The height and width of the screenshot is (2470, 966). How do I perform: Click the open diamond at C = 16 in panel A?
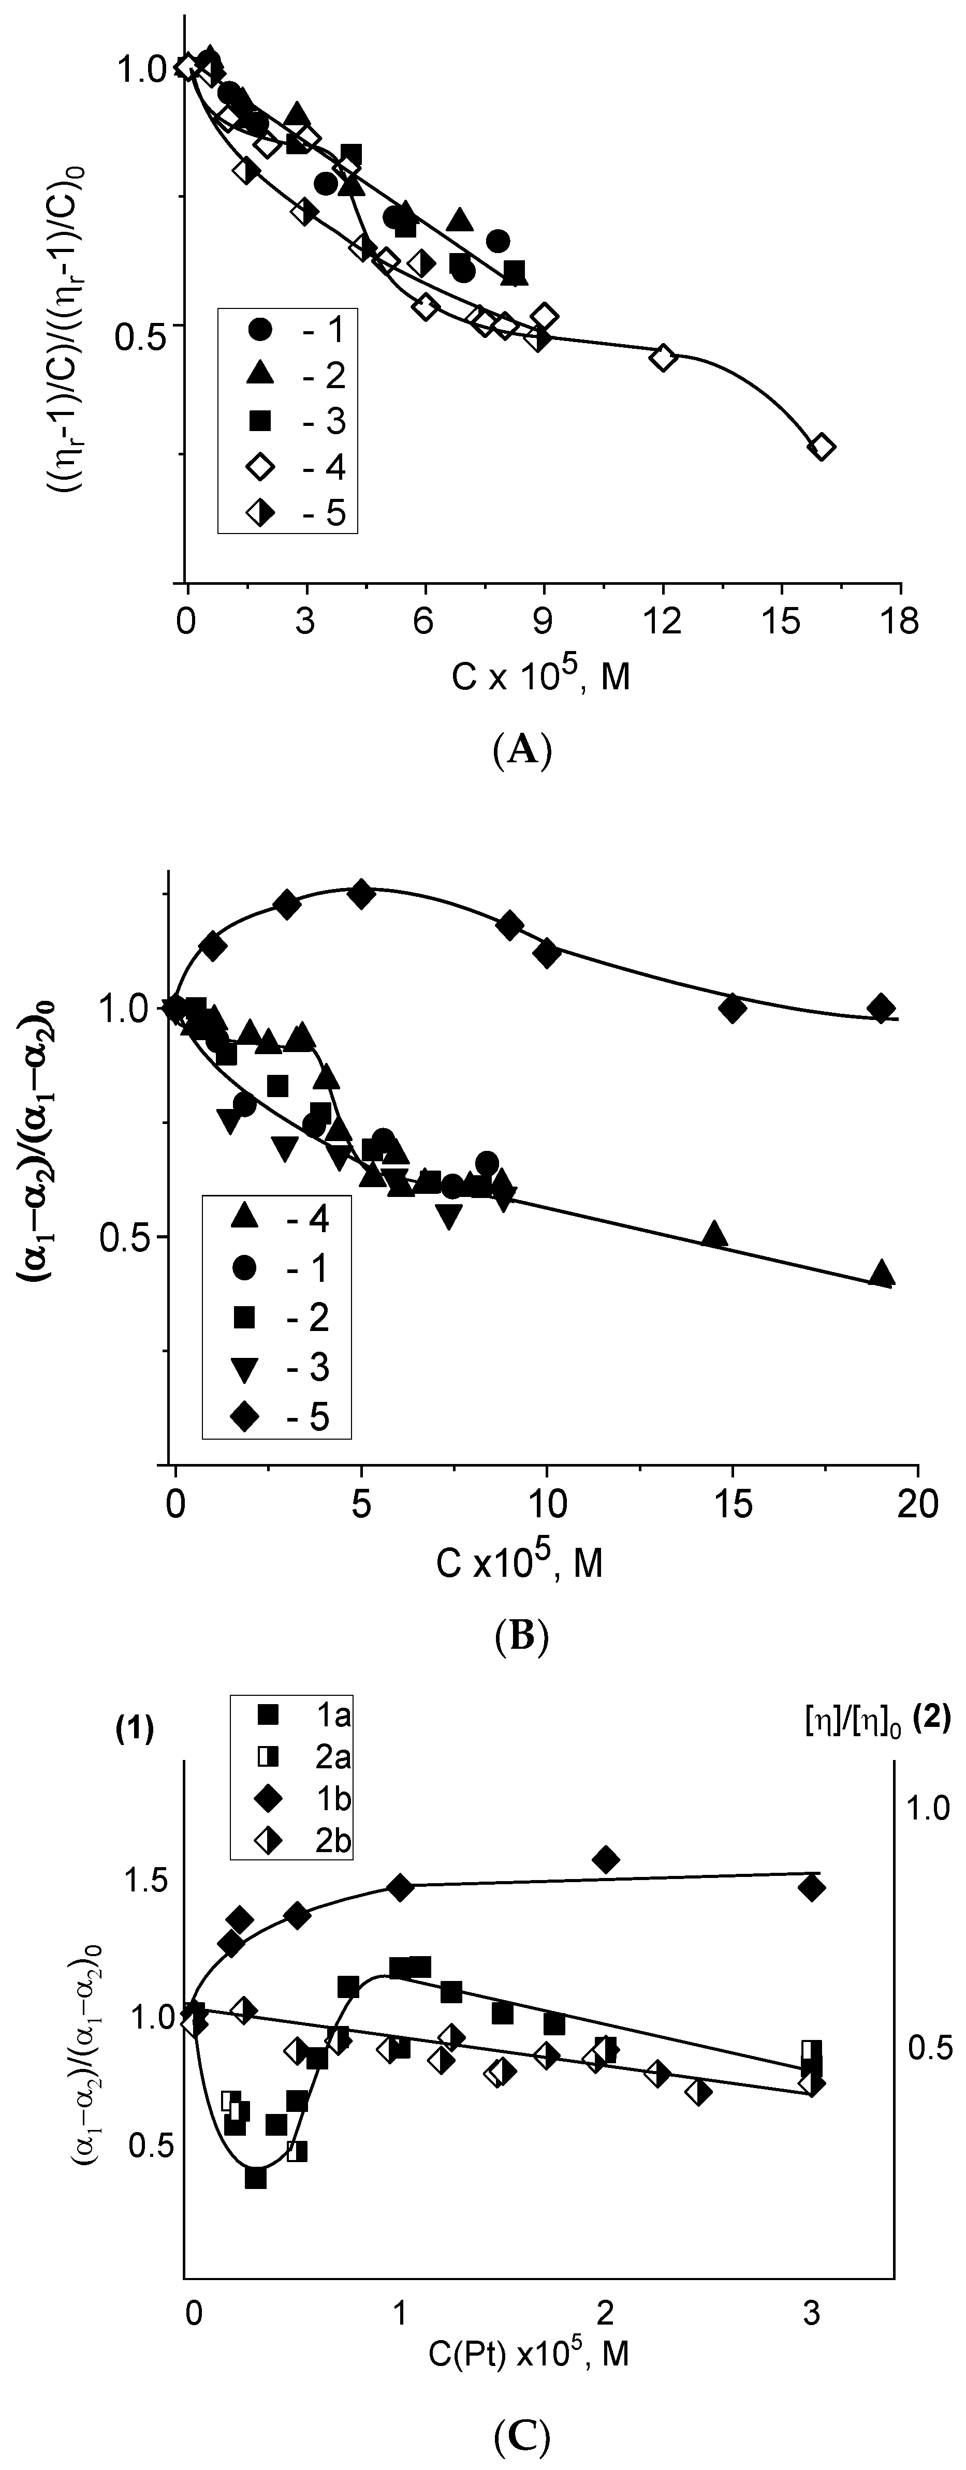(x=821, y=447)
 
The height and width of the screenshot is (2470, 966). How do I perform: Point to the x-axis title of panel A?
(x=541, y=676)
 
